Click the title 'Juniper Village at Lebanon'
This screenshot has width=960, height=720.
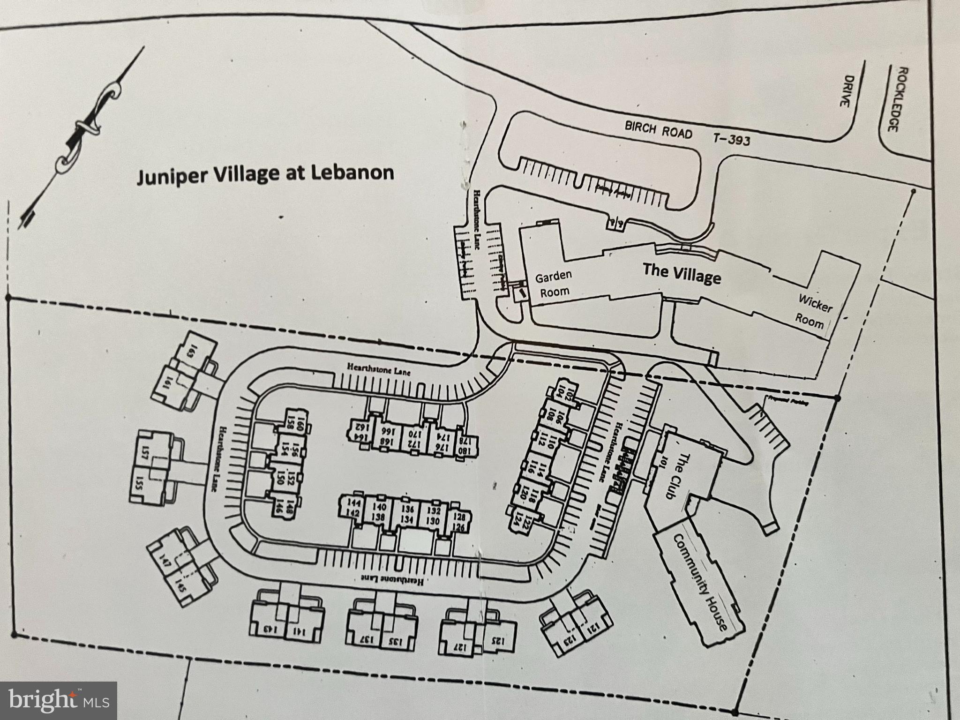(x=265, y=174)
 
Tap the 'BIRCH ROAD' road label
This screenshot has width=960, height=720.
(x=658, y=130)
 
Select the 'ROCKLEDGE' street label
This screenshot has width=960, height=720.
(x=891, y=106)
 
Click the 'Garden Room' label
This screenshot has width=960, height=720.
(x=554, y=283)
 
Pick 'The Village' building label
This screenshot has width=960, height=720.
(x=682, y=273)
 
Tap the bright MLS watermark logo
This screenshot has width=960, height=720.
(x=59, y=701)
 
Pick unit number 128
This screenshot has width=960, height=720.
(x=459, y=517)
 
